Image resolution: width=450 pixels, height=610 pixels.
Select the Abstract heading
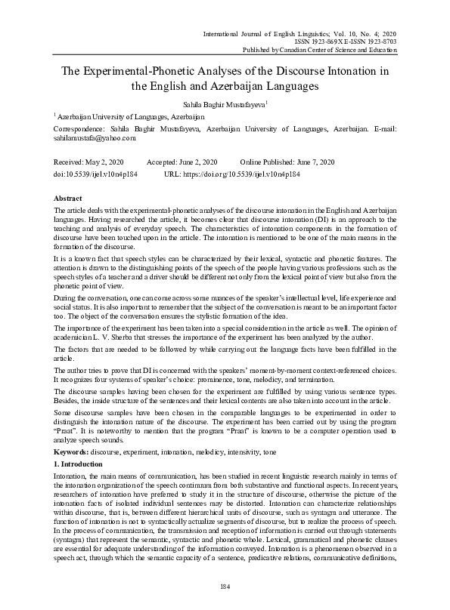pyautogui.click(x=70, y=196)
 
